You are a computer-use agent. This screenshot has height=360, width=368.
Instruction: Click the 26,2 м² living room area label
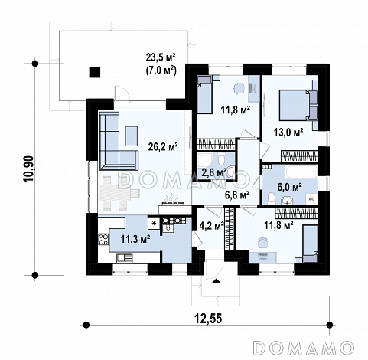click(163, 146)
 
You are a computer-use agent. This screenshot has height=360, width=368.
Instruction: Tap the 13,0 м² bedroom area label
click(288, 132)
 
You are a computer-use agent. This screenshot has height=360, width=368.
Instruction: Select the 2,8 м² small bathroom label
click(214, 172)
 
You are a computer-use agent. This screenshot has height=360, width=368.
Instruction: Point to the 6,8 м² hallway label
click(237, 195)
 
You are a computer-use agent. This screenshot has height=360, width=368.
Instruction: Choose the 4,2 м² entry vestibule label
click(211, 226)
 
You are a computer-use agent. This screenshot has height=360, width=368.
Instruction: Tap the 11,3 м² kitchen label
click(135, 239)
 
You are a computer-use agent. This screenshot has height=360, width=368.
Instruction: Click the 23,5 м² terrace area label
click(161, 57)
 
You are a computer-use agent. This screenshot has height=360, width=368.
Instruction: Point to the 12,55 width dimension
click(208, 319)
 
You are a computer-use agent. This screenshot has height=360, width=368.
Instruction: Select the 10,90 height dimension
click(28, 169)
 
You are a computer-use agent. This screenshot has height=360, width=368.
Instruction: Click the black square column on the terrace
click(94, 72)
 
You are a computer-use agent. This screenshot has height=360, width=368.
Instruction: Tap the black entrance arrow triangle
click(217, 281)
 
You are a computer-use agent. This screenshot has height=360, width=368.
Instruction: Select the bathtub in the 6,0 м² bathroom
click(301, 172)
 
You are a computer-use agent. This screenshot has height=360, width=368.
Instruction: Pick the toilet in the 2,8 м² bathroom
click(221, 159)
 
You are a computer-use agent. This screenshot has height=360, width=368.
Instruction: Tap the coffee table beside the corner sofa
click(132, 136)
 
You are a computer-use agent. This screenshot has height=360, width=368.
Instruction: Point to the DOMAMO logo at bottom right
click(304, 348)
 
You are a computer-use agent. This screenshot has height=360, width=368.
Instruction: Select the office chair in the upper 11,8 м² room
click(239, 89)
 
